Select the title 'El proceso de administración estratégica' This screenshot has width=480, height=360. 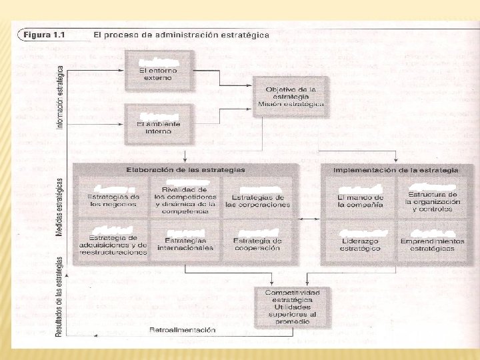point(181,35)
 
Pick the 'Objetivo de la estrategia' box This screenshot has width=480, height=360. point(291,97)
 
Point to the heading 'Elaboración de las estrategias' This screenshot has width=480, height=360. point(185,170)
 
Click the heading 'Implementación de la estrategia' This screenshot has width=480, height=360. point(396,170)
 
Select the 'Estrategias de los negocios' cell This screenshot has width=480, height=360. point(113,197)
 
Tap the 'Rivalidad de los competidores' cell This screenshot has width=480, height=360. point(185,197)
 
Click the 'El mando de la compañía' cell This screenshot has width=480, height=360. point(360,197)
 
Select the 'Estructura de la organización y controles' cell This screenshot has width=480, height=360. point(431,197)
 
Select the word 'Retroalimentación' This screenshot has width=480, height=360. point(182,330)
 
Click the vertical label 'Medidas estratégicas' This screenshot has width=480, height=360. point(60,206)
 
